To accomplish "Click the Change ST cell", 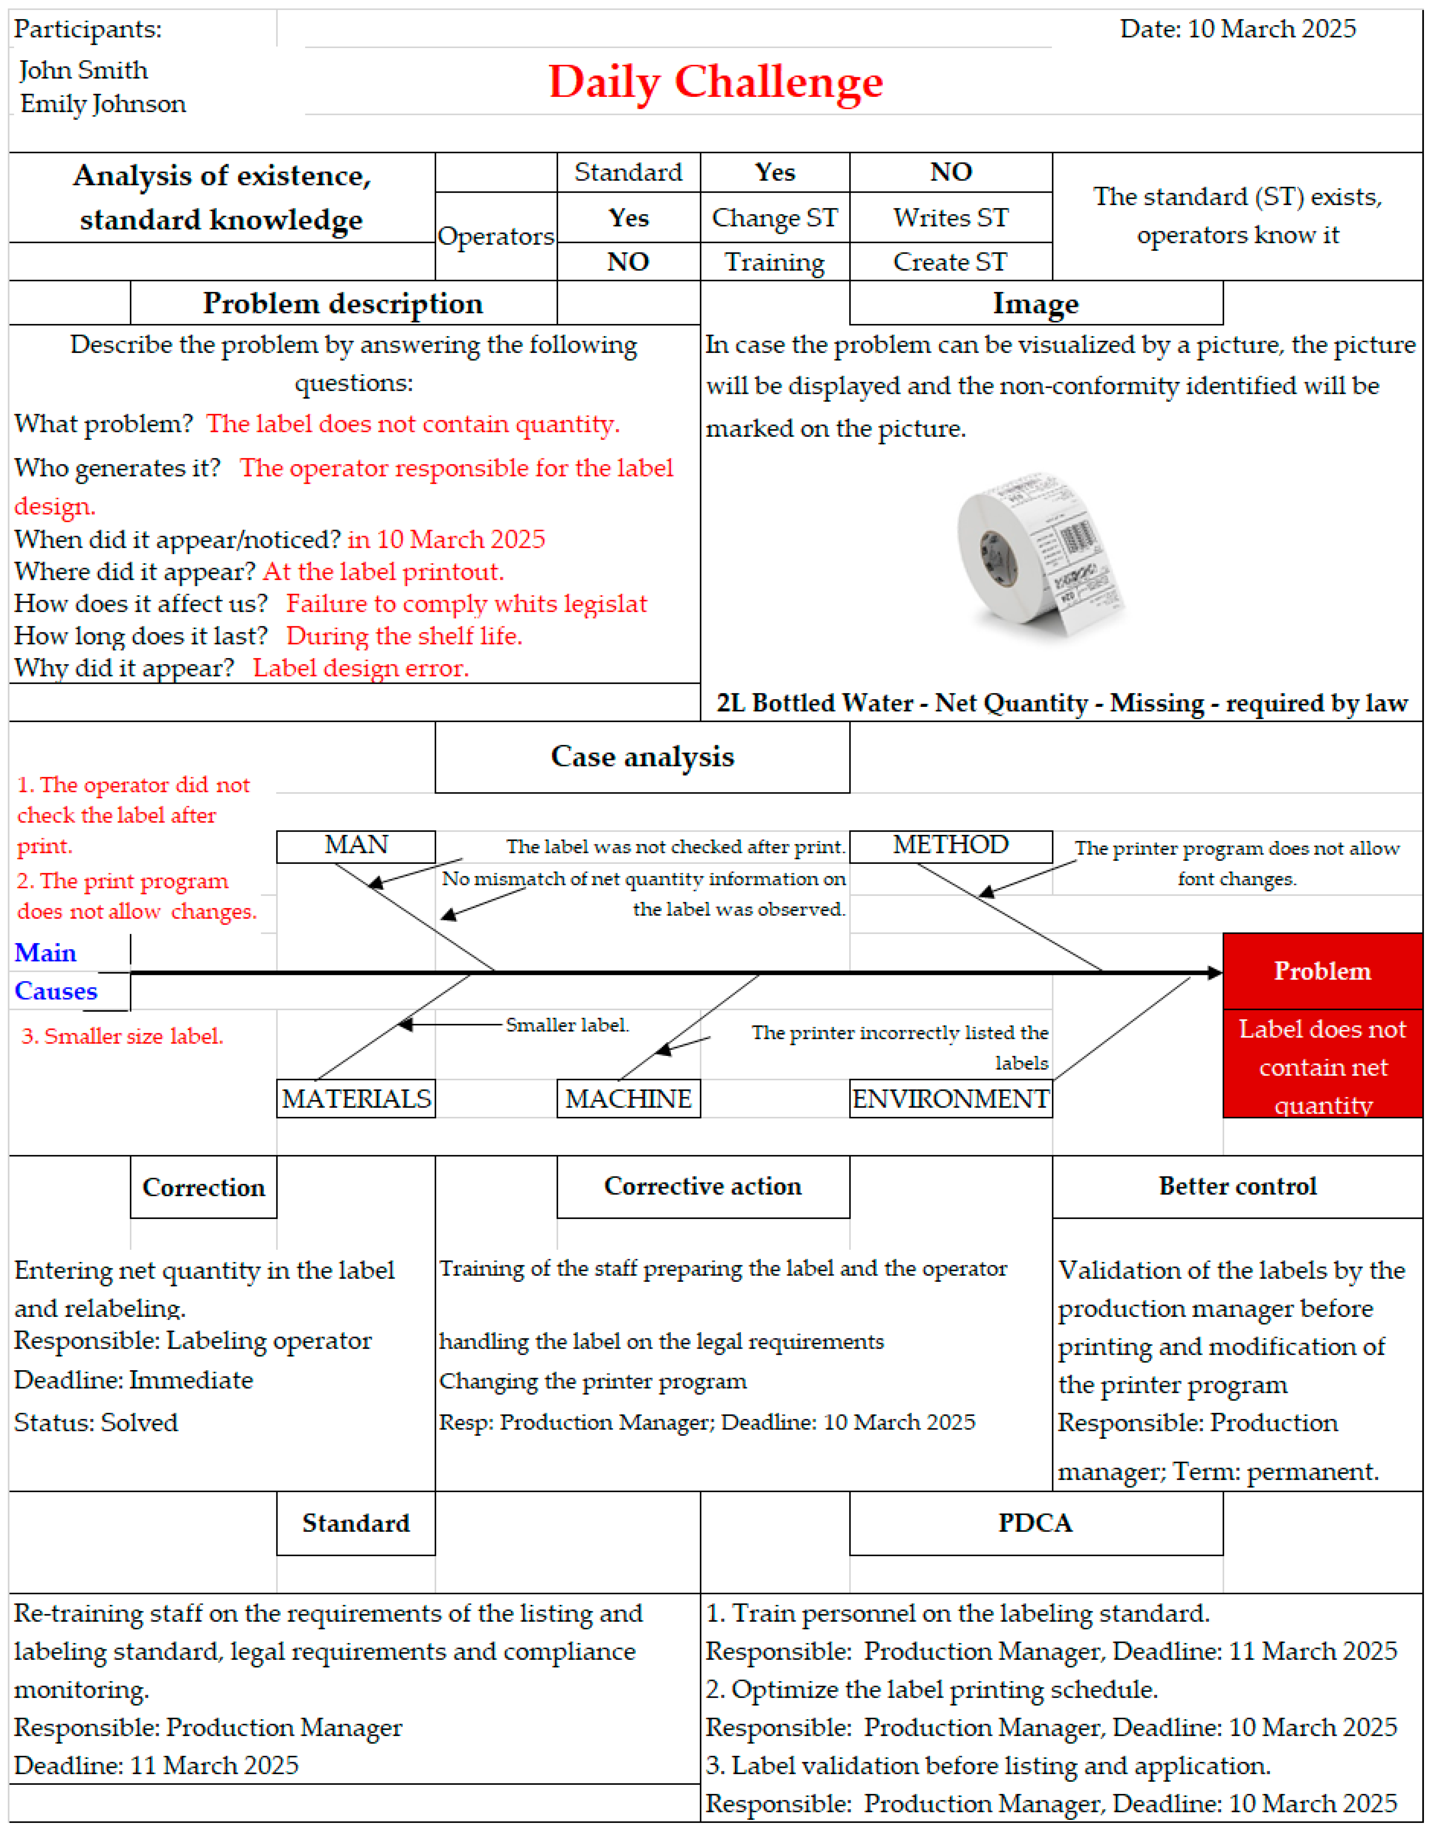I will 774,217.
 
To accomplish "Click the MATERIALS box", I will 356,1098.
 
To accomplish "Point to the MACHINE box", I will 628,1098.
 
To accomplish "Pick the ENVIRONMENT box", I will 950,1098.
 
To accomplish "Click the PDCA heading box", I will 1035,1523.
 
